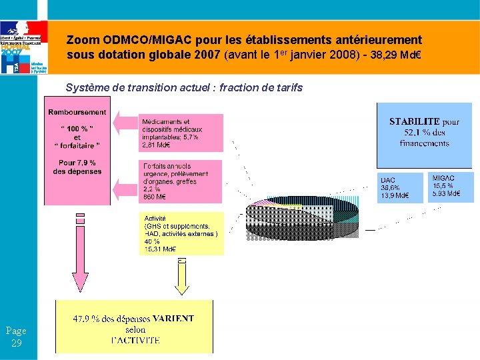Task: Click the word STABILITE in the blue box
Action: click(x=414, y=122)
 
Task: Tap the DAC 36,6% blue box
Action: click(x=401, y=187)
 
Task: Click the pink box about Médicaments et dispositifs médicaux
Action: click(x=181, y=133)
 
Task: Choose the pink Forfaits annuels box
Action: click(x=181, y=181)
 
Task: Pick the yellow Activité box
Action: click(x=183, y=233)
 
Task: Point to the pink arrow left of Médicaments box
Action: click(x=125, y=122)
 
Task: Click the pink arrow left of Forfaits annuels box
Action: click(x=125, y=188)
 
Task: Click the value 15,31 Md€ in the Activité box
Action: click(x=160, y=249)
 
